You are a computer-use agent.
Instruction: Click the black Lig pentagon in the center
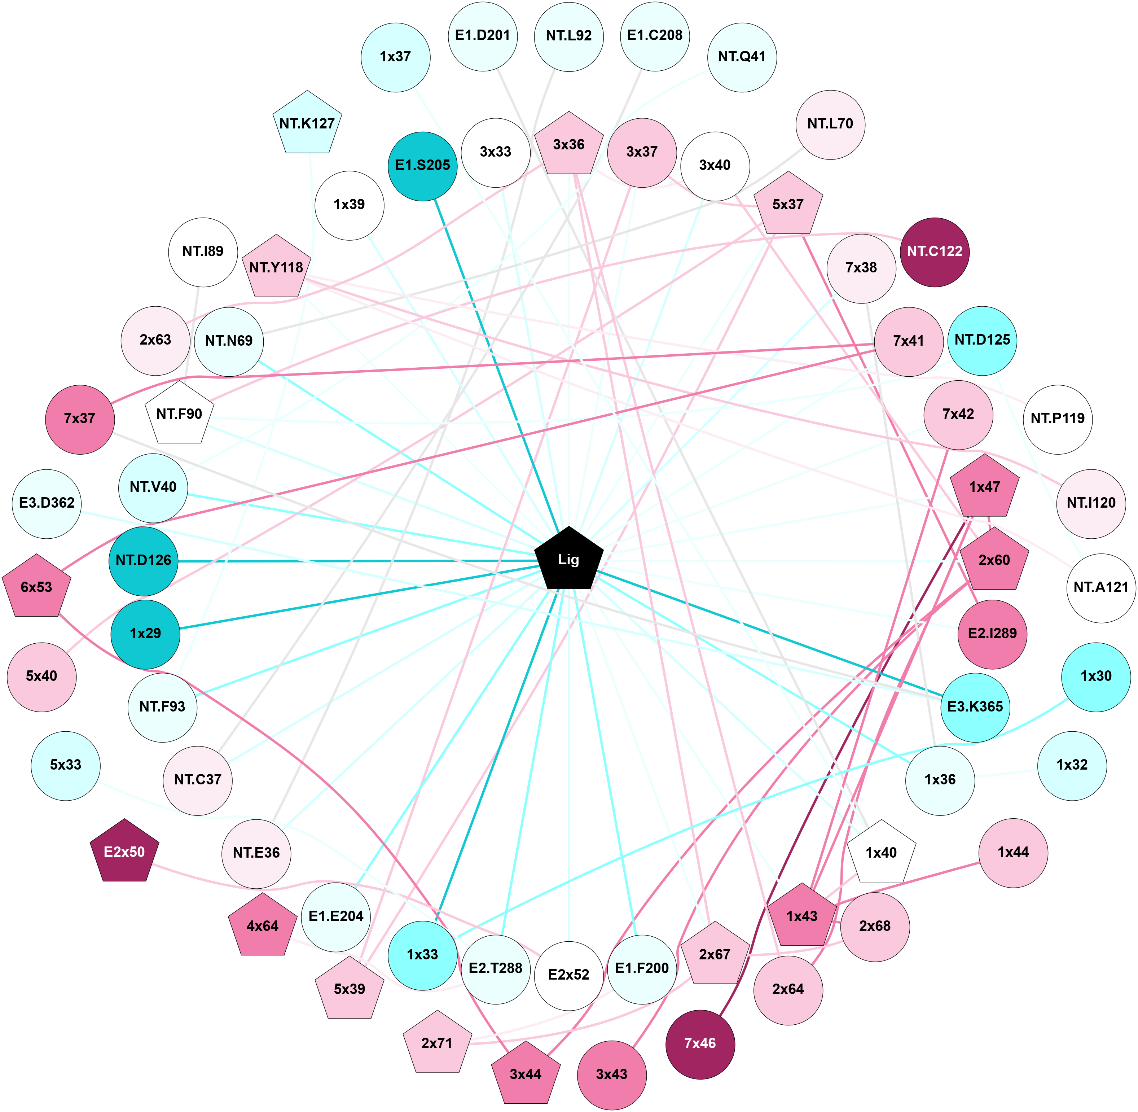[x=569, y=560]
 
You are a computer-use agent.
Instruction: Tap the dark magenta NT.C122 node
[x=934, y=252]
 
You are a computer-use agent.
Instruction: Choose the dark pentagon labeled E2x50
[x=124, y=852]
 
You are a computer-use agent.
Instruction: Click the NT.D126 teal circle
[x=143, y=561]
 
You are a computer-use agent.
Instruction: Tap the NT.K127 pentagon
[x=307, y=124]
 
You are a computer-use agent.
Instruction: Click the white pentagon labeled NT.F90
[x=179, y=414]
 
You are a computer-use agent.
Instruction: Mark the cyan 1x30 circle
[x=1095, y=676]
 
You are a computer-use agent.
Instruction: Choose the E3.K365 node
[x=975, y=707]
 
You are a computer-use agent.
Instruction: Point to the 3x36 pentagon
[x=569, y=145]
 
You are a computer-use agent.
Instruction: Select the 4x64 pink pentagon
[x=263, y=926]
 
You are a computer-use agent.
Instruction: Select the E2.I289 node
[x=992, y=634]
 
